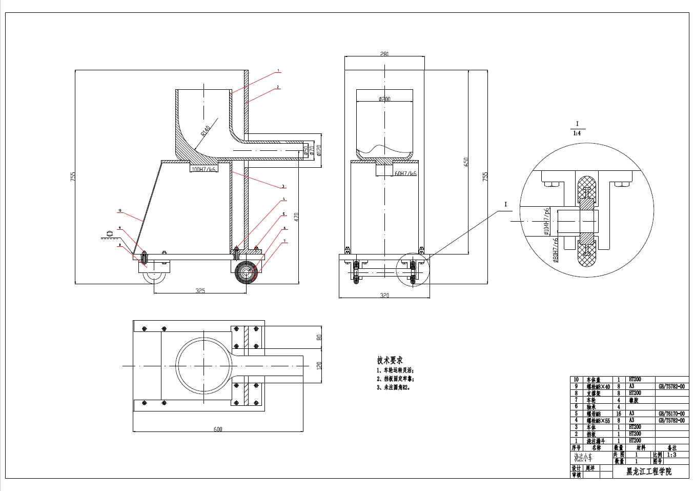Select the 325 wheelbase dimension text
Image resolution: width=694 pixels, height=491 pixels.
tap(200, 291)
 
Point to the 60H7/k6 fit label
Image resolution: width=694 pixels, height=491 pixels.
tap(405, 174)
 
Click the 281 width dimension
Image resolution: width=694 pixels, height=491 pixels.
tap(385, 54)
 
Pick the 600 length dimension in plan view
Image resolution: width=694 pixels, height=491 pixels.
tap(218, 429)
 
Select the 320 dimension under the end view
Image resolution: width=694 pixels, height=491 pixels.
tap(384, 295)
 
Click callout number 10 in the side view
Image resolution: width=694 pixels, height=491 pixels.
tap(119, 210)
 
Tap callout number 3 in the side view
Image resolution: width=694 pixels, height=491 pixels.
tap(283, 187)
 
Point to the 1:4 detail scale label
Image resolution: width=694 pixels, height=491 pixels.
tap(577, 133)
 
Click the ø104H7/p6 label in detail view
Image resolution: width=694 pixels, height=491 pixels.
tap(547, 221)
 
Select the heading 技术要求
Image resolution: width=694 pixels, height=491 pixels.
tap(390, 360)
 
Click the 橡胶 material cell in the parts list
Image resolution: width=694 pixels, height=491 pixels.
tap(634, 400)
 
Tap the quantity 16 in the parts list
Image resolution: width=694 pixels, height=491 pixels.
tap(618, 414)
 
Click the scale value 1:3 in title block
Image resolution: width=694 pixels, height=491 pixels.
tap(671, 455)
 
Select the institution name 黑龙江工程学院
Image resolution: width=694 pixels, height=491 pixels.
tap(649, 472)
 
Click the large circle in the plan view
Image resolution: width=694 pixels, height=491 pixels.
tap(205, 365)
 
